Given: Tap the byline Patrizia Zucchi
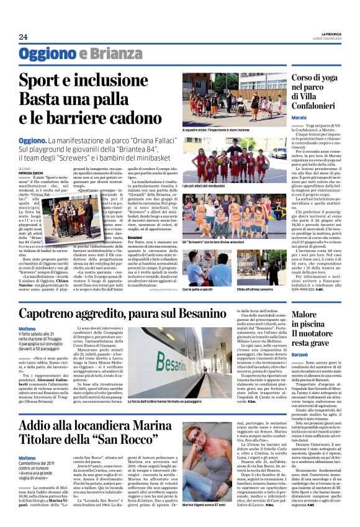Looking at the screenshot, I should coord(32,172).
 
